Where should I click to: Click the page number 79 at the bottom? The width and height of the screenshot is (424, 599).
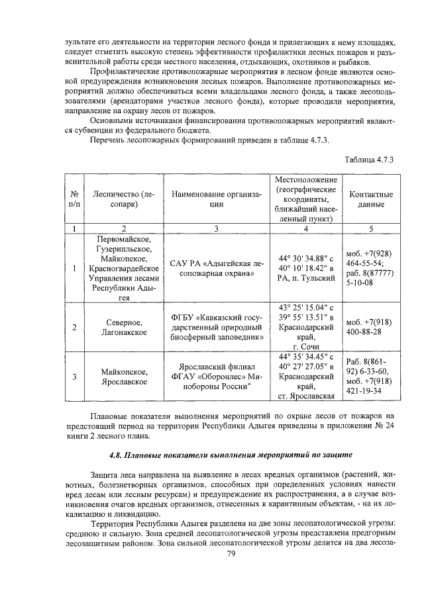[231, 554]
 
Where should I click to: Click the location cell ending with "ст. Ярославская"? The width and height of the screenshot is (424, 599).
[305, 377]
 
